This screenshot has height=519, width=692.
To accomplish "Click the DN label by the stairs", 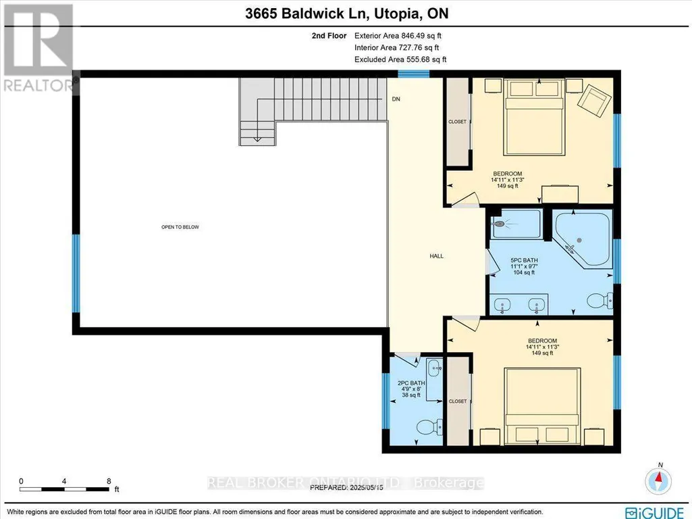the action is [x=396, y=99].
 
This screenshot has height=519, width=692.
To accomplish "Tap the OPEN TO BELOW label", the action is [x=180, y=227].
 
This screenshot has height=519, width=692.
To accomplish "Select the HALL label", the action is [x=437, y=255].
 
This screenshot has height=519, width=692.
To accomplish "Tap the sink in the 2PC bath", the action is [x=434, y=367].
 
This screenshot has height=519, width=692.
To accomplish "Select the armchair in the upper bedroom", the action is [x=595, y=101].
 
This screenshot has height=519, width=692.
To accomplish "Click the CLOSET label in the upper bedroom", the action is [x=457, y=122].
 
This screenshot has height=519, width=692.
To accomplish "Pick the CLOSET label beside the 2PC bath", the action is [x=458, y=401].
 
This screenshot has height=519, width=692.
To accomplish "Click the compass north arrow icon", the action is [x=658, y=480].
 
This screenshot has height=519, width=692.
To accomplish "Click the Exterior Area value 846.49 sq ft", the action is [x=421, y=36].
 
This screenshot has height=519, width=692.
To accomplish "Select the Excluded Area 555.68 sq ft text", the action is [x=400, y=59].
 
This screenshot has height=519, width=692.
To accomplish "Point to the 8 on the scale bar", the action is [x=109, y=481].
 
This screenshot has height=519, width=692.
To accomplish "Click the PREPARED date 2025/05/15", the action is [x=367, y=488].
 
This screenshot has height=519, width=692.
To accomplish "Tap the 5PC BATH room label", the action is [x=525, y=261].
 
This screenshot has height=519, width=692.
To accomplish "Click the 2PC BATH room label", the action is [x=411, y=383].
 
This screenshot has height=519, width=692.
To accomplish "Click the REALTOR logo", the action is [x=39, y=49].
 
